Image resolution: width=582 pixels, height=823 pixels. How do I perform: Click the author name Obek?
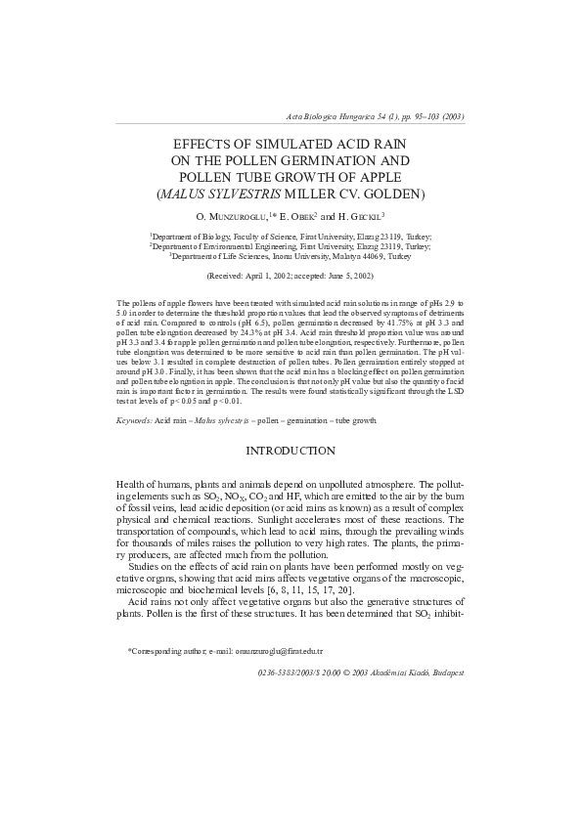click(x=298, y=216)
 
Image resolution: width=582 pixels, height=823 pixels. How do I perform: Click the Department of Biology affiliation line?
click(x=291, y=237)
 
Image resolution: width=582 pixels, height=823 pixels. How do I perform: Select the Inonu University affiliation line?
click(x=291, y=256)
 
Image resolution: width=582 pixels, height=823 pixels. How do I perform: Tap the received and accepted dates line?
click(x=291, y=278)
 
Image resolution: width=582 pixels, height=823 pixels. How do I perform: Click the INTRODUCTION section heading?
click(x=291, y=451)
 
